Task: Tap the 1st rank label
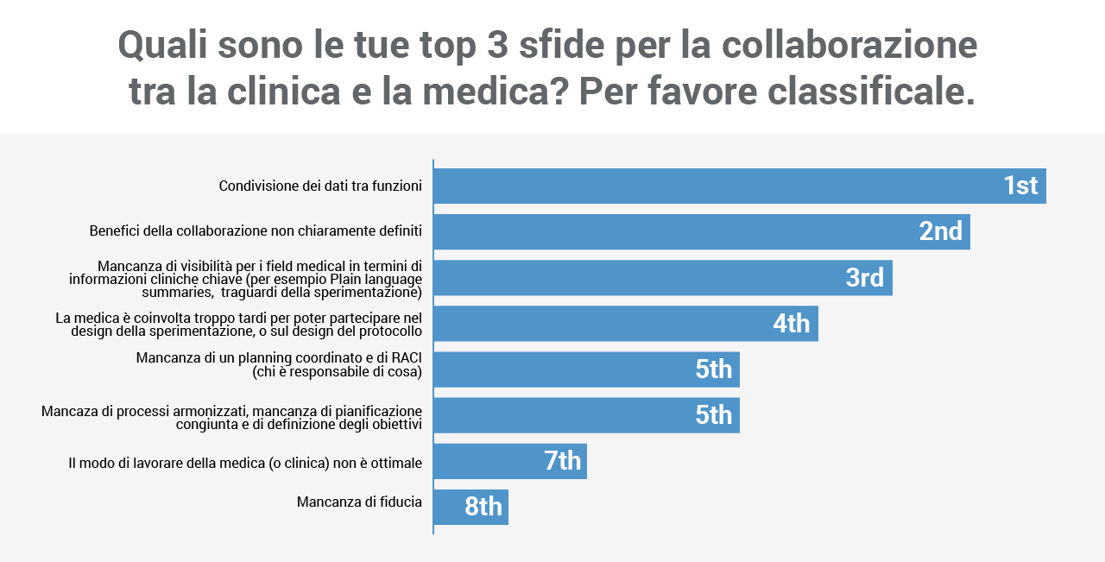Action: (1020, 186)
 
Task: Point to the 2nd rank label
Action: (940, 231)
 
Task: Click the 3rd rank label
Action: (864, 277)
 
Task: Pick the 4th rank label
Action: (791, 324)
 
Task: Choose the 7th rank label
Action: (562, 461)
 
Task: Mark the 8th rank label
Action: (483, 507)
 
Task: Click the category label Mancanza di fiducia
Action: (359, 502)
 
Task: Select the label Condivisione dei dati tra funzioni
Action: (320, 186)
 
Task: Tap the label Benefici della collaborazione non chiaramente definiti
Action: (256, 231)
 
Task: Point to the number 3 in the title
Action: (497, 45)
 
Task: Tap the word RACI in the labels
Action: (407, 358)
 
